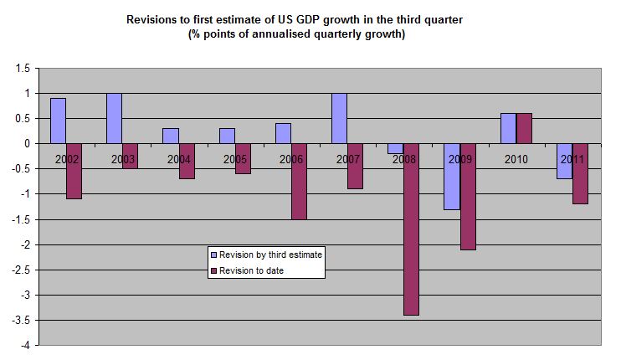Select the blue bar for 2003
(x=115, y=118)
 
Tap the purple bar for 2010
(x=524, y=128)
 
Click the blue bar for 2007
(x=340, y=118)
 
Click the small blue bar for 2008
(x=396, y=148)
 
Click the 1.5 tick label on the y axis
(x=23, y=68)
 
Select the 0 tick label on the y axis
(x=27, y=144)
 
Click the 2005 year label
(x=235, y=158)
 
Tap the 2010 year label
(x=516, y=158)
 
